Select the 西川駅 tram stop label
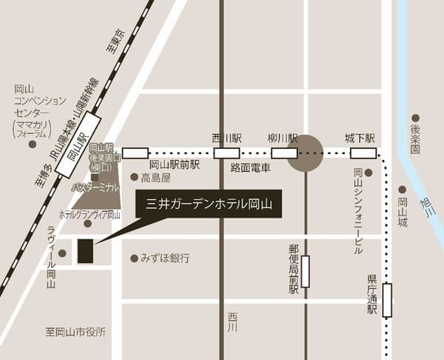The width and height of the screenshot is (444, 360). pos(226,139)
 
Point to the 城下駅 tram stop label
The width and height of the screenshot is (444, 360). pos(360,139)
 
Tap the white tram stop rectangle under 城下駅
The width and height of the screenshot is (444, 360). pos(363,153)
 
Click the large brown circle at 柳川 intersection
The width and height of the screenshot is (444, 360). pos(304,153)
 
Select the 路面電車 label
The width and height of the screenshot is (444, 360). pos(250,168)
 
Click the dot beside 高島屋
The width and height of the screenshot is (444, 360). pos(134,177)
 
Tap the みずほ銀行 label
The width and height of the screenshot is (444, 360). pos(165,259)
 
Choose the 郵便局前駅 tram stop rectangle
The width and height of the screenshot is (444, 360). pos(305,271)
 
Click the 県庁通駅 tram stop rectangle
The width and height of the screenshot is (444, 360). pos(387,300)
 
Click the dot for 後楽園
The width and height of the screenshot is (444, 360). pos(415,118)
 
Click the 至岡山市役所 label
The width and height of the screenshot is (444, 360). pos(75,332)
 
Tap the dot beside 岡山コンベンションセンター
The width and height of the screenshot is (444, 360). pos(33,144)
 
